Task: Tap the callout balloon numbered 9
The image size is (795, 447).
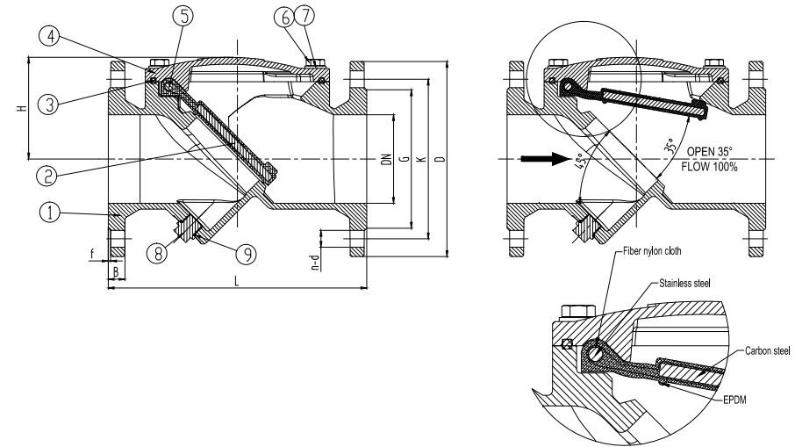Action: coord(246,253)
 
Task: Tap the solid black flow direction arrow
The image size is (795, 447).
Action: coord(536,159)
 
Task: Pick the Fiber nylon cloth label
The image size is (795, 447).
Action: coord(650,250)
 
